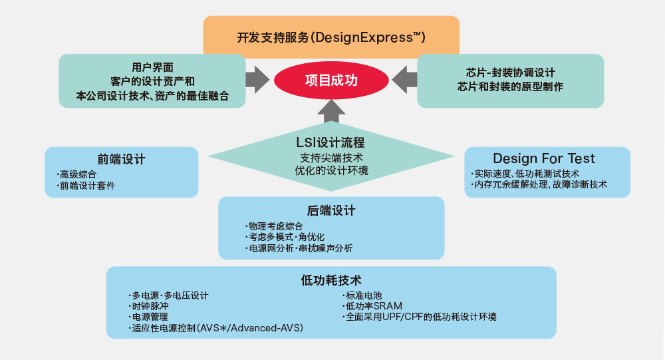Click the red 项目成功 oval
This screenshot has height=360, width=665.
[x=331, y=81]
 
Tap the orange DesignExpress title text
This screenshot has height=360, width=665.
[x=331, y=37]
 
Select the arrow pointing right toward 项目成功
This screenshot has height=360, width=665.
[x=257, y=79]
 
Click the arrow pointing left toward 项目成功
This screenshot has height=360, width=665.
[x=404, y=79]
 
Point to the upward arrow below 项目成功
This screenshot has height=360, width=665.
[x=331, y=111]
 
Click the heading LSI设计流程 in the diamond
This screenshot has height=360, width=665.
[x=331, y=142]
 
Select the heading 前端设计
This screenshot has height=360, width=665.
[x=121, y=159]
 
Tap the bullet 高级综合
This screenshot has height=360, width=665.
[x=76, y=174]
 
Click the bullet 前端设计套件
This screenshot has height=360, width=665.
[x=86, y=186]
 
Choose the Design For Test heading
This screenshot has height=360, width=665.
[x=544, y=158]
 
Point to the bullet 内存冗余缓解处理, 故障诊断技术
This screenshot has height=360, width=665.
[x=539, y=184]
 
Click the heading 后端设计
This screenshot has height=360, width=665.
[x=331, y=210]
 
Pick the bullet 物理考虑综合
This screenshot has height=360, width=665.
[x=274, y=226]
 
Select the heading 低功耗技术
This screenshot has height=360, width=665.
[x=331, y=280]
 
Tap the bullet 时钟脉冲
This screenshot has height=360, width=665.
[x=148, y=306]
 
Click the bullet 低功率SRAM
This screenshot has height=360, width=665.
[x=372, y=306]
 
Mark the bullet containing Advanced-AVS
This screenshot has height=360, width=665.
[x=216, y=328]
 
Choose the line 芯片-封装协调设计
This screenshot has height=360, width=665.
[x=510, y=73]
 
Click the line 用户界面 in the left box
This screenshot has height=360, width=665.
[x=152, y=67]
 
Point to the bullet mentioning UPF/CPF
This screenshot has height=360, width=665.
[x=419, y=317]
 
